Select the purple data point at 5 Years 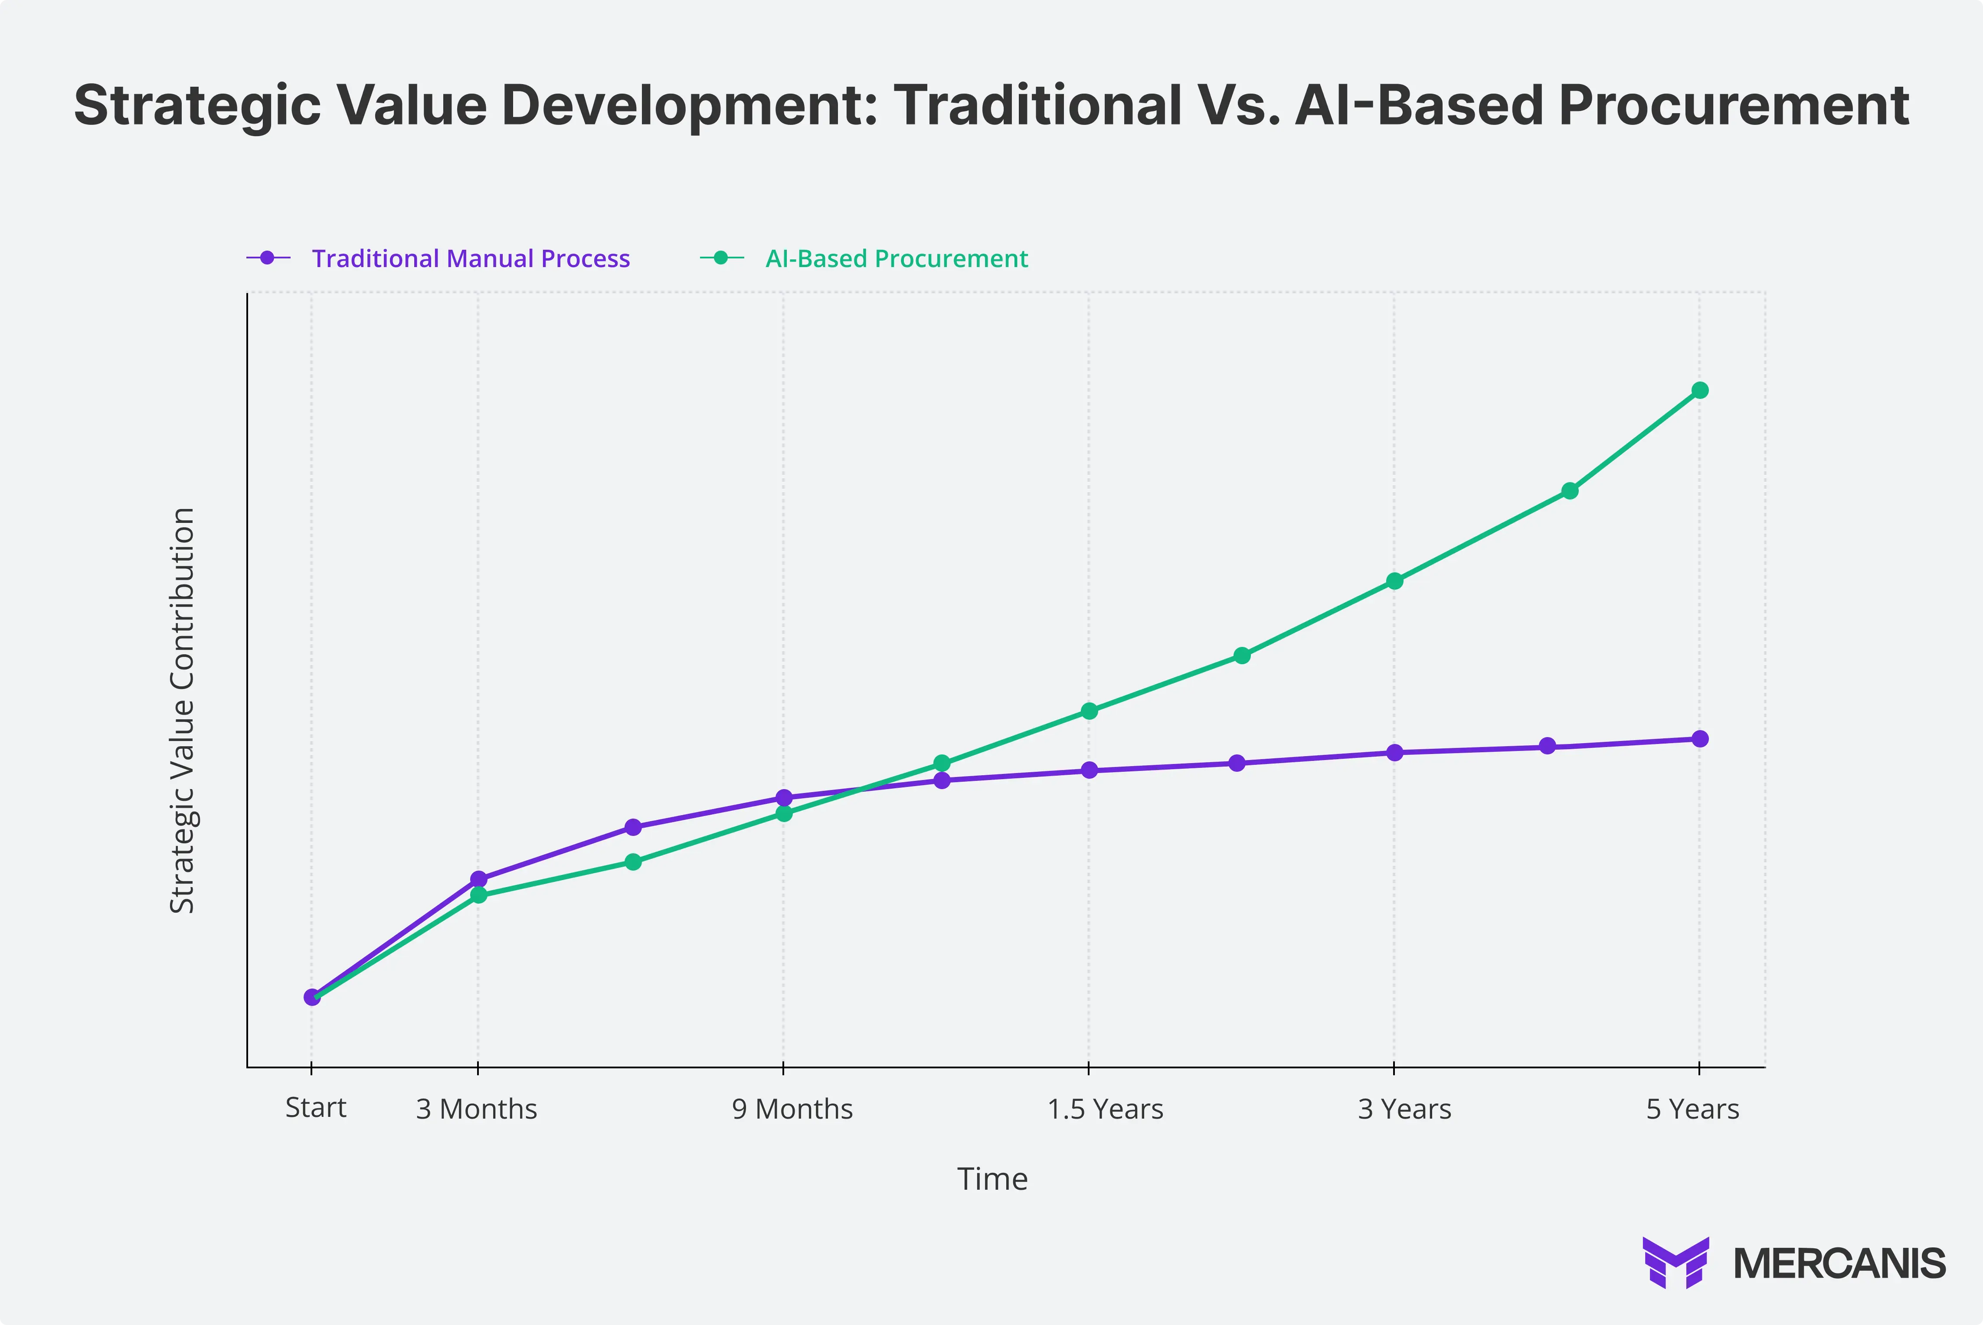(1699, 738)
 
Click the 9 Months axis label (792, 1109)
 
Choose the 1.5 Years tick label (1105, 1109)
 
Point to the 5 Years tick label (1692, 1109)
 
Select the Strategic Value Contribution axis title (183, 710)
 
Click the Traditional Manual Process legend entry (470, 258)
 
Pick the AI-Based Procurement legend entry (896, 258)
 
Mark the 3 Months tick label (476, 1109)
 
